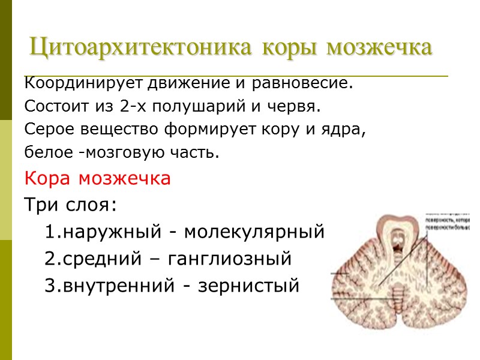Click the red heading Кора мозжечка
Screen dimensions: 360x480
[x=98, y=179]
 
